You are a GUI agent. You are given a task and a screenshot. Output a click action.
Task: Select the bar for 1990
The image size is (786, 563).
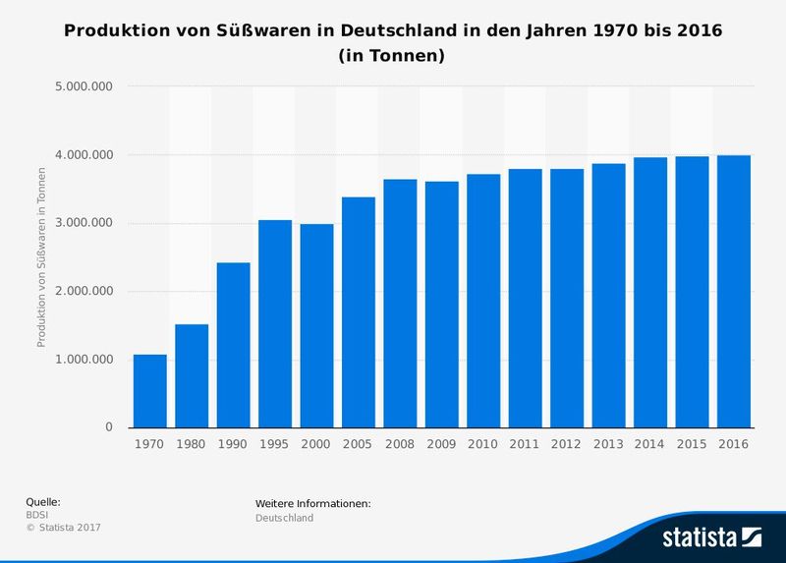233,345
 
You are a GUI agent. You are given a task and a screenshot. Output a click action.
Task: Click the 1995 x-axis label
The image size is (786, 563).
275,444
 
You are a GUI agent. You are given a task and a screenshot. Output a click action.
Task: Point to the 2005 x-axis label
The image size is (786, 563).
359,444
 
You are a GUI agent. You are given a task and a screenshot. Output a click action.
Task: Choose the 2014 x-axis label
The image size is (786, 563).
650,444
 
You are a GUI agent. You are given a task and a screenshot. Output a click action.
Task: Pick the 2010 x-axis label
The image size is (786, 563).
483,444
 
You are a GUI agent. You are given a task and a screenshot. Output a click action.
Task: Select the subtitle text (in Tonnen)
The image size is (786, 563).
392,56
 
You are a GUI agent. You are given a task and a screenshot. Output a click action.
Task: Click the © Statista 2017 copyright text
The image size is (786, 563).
63,528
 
